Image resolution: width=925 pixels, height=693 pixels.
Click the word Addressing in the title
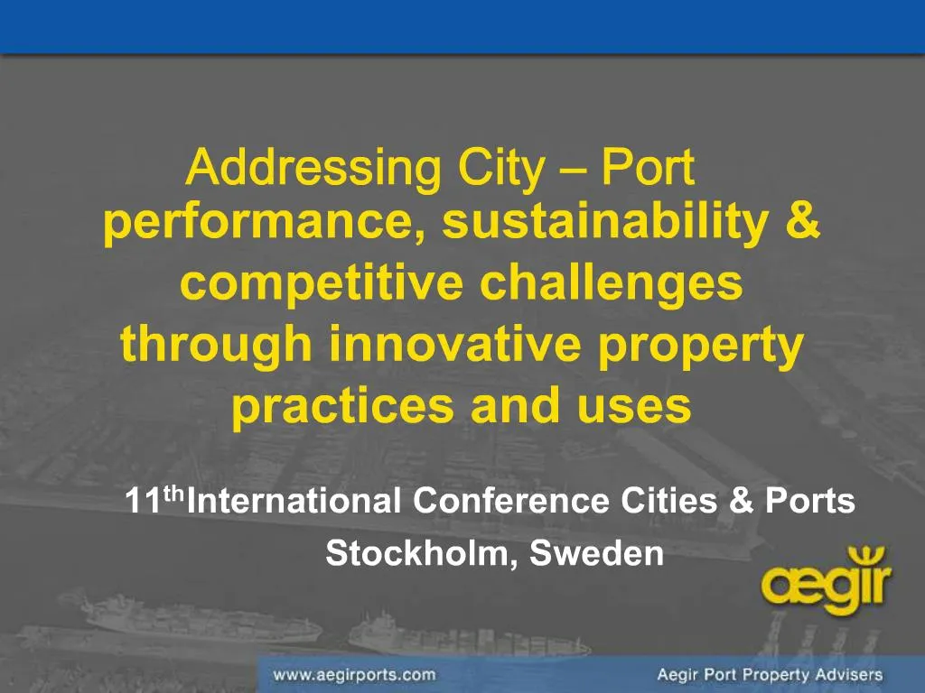point(313,168)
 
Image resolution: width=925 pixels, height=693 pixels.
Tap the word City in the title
point(500,168)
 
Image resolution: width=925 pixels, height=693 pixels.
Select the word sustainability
point(604,223)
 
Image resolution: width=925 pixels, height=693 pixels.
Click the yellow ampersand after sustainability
point(802,220)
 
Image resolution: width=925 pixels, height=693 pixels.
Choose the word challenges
point(612,284)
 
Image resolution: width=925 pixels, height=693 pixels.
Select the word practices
point(343,407)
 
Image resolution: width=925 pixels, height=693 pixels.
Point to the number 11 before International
point(144,501)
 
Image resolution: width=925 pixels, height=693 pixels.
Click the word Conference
point(511,501)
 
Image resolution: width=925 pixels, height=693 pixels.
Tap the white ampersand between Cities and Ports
point(741,500)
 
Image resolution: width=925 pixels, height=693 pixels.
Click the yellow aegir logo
point(827,580)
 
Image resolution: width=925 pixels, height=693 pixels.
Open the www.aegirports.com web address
point(354,675)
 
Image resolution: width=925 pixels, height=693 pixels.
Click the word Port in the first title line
point(648,168)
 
